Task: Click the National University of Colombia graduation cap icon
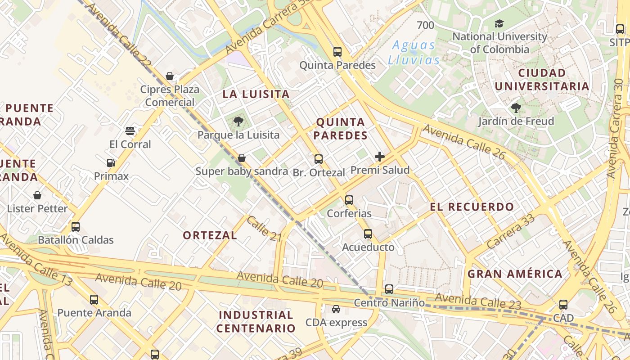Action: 499,23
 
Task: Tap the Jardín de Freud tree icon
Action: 516,108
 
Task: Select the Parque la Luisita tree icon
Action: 238,121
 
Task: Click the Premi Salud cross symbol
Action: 380,157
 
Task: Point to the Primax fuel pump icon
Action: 111,163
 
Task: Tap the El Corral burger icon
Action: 130,131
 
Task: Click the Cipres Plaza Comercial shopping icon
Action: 170,76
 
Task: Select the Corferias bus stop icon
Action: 349,200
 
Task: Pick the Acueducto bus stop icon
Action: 368,234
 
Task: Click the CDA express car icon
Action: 336,309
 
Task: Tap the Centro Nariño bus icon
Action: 389,289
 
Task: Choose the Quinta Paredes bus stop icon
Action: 337,52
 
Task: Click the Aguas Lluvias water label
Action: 414,53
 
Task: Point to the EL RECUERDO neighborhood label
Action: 472,207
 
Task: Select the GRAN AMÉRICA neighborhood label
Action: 515,274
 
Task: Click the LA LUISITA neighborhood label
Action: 256,94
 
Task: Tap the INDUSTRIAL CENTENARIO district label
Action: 256,321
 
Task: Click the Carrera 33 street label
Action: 511,231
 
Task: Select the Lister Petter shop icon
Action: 37,195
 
